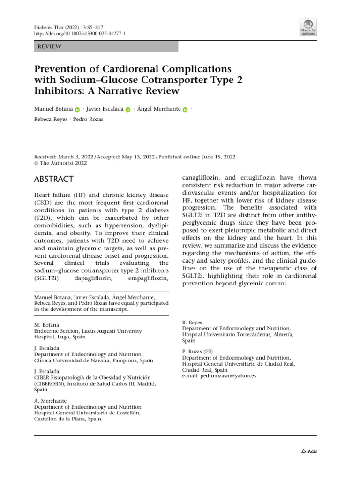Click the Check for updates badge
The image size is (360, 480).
[x=308, y=27]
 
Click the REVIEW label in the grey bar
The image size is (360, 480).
[x=49, y=46]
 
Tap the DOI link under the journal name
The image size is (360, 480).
[x=80, y=34]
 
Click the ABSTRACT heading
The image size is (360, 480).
[x=53, y=179]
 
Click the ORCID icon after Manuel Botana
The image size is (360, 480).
[x=77, y=110]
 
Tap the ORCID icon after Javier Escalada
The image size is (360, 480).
[x=128, y=110]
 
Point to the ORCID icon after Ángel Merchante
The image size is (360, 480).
[x=185, y=110]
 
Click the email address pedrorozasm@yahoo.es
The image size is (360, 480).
[x=219, y=375]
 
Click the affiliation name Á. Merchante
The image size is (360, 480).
[x=51, y=401]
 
